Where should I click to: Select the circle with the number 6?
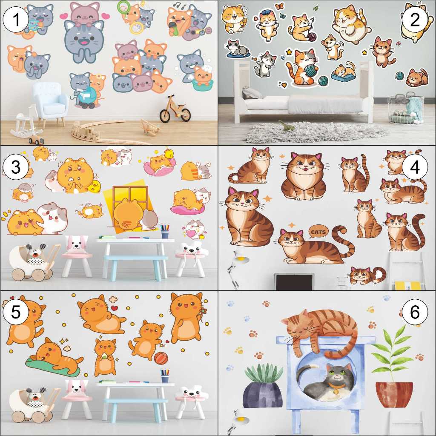(x=414, y=312)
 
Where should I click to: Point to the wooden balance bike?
(x=175, y=109)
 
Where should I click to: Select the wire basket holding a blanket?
(x=405, y=109)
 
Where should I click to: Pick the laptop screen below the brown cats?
(x=294, y=281)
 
